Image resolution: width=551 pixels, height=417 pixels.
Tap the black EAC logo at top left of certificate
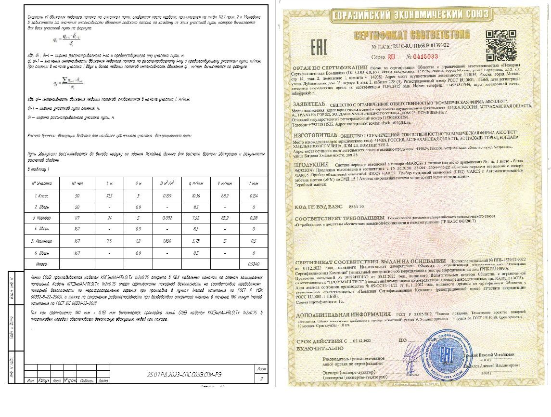(320, 47)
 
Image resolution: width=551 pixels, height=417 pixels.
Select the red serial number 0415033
(421, 56)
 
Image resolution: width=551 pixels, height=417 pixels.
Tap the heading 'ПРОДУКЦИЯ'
(309, 165)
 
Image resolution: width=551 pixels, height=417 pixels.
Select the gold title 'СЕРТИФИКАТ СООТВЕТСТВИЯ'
(411, 35)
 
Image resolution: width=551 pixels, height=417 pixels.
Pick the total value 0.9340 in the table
(253, 264)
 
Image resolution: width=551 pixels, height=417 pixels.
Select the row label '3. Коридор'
(41, 218)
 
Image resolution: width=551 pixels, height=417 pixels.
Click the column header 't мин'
(253, 183)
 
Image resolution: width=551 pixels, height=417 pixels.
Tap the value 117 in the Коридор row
(77, 218)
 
